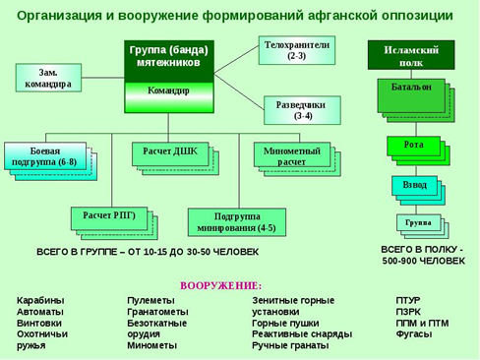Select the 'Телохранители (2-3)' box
point(296,51)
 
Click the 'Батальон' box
point(404,88)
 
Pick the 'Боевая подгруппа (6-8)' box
point(44,156)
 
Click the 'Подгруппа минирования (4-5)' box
point(244,220)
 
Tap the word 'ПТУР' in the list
point(408,299)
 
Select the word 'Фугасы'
point(413,334)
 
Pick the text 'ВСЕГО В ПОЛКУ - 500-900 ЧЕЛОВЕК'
point(423,256)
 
